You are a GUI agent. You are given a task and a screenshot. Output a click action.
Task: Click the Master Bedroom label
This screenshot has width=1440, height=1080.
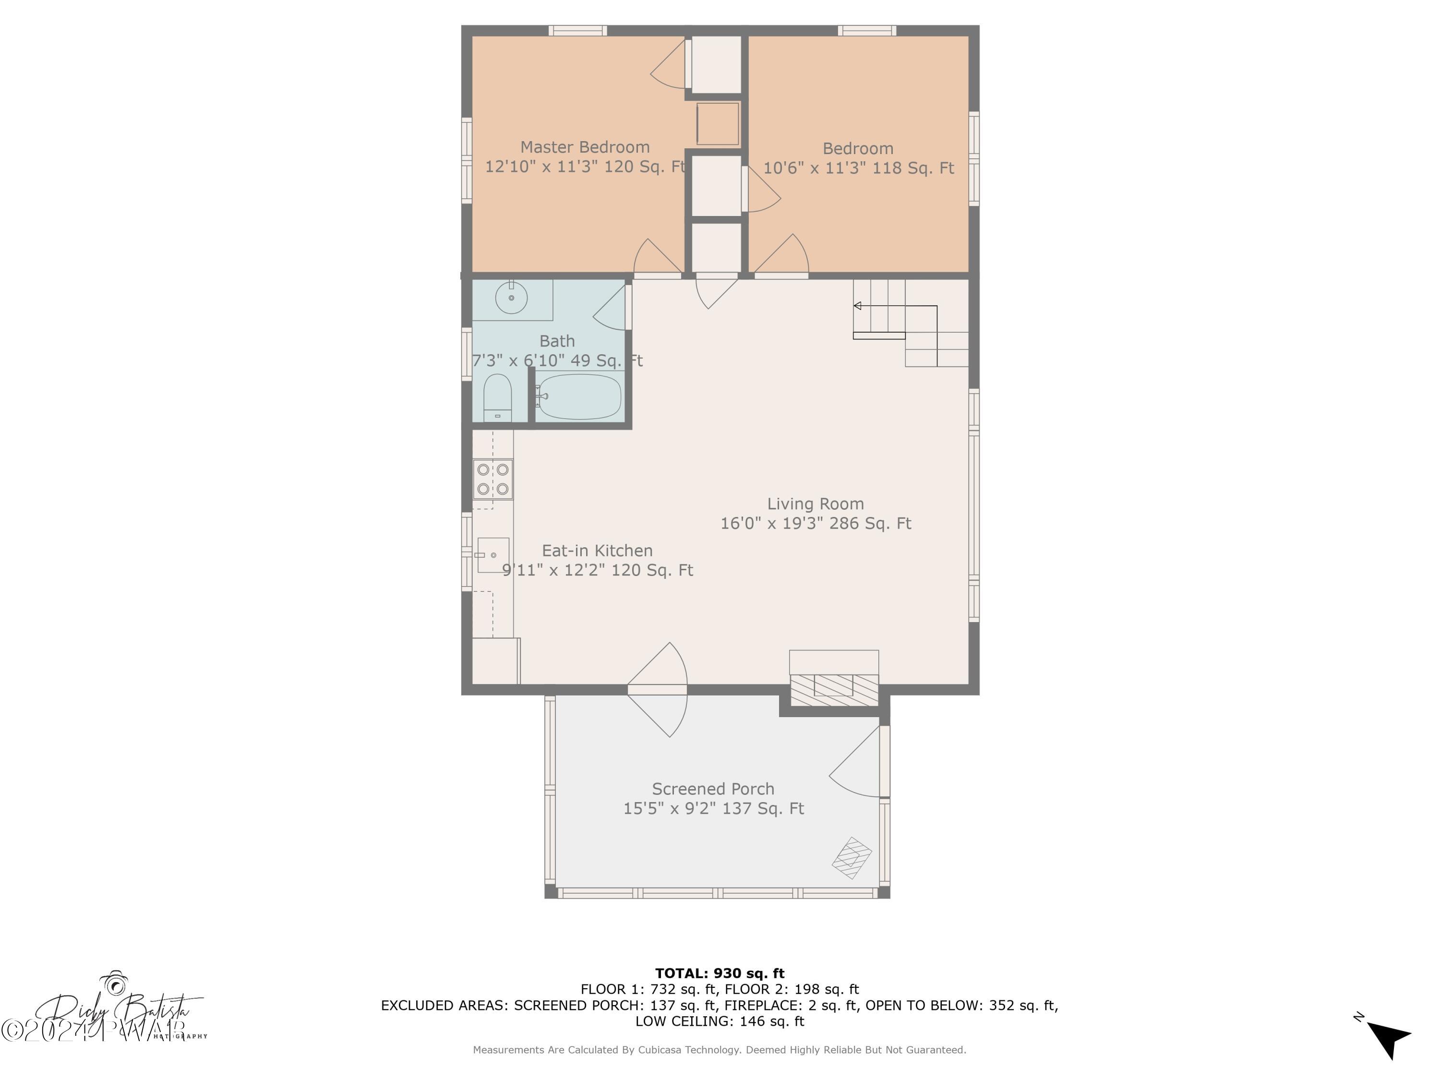585,147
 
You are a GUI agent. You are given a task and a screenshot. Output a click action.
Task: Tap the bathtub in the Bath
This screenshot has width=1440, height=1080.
579,396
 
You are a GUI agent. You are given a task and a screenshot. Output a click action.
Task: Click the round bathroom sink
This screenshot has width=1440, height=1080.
511,298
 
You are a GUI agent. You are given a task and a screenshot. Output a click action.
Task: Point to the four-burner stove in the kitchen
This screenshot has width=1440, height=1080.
493,479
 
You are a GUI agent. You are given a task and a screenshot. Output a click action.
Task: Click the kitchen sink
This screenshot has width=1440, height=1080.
493,555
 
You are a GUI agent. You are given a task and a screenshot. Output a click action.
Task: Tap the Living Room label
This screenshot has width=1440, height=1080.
815,504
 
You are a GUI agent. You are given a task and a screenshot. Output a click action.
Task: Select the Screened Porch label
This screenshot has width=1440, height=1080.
713,789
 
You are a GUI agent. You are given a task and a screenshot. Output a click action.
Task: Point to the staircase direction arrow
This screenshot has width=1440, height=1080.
858,306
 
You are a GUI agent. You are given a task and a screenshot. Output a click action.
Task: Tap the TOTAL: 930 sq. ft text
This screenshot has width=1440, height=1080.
720,973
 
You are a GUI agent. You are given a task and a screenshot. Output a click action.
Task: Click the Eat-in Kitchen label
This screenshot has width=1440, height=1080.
597,551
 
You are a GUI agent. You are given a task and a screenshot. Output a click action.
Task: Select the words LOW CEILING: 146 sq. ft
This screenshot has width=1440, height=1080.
720,1021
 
